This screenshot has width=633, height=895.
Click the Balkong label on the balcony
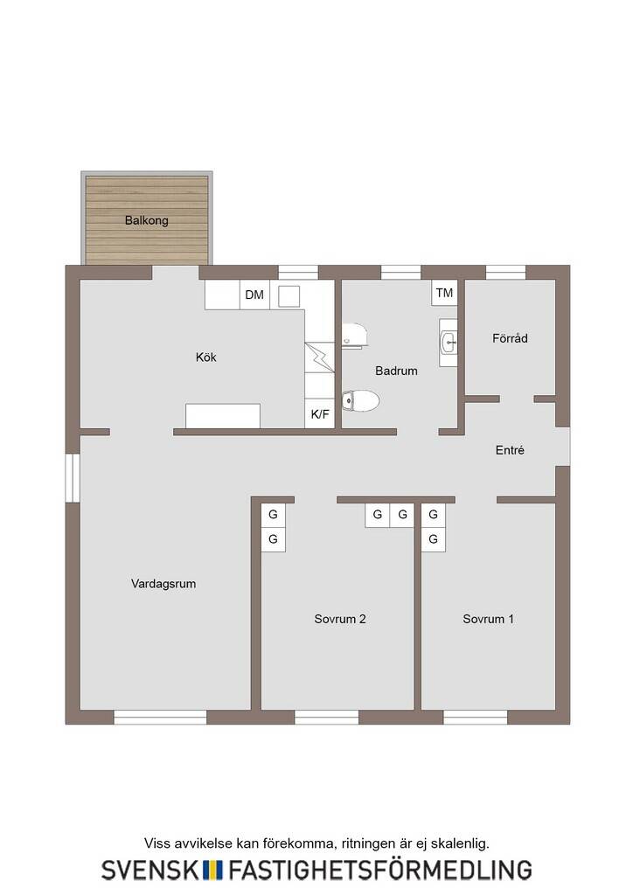click(x=146, y=220)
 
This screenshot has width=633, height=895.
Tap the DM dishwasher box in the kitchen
click(x=254, y=295)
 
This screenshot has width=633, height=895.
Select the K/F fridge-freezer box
click(x=320, y=414)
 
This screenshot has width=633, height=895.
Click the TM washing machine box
click(x=444, y=293)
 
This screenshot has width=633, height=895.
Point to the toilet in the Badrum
click(x=360, y=401)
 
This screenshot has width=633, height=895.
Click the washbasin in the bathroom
click(x=449, y=343)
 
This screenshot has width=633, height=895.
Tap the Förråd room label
click(x=510, y=338)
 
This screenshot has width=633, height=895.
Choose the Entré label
click(x=510, y=450)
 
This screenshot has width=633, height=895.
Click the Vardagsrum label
click(x=163, y=584)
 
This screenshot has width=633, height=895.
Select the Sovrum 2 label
click(x=339, y=619)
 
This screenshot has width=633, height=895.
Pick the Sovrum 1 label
click(x=488, y=619)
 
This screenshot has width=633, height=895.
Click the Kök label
click(x=206, y=357)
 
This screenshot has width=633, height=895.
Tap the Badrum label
click(x=396, y=371)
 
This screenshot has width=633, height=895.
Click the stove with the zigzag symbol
click(x=320, y=357)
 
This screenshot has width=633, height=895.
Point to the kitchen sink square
click(x=289, y=296)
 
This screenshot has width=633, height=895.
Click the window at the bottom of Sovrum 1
click(x=476, y=717)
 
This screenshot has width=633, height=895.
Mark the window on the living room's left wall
click(x=73, y=478)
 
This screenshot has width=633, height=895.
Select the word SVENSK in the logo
click(x=150, y=870)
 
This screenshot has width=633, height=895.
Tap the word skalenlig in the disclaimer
click(x=460, y=843)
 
